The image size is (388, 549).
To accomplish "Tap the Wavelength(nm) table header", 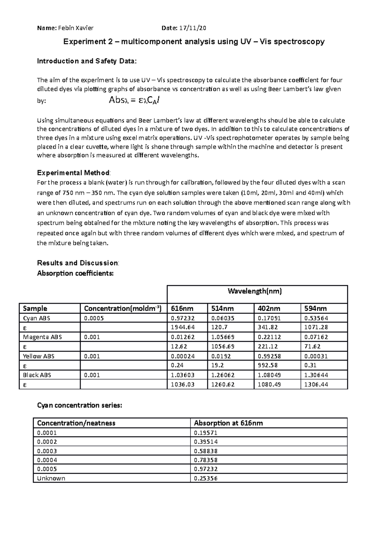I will click(x=254, y=291).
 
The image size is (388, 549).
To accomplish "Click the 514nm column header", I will click(x=221, y=308).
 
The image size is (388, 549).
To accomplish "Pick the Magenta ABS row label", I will click(x=42, y=337).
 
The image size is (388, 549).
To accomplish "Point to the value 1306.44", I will click(x=316, y=384).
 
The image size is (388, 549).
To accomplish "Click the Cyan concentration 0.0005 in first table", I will click(x=94, y=318).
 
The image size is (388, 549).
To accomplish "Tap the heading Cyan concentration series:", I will click(x=80, y=405).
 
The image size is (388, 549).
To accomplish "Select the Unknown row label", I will click(x=51, y=478).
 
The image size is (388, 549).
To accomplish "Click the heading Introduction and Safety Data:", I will click(x=87, y=61).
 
